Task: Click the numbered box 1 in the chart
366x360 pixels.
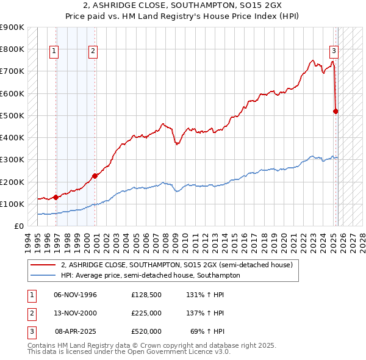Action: (x=55, y=51)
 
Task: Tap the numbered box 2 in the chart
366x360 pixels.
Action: (x=93, y=51)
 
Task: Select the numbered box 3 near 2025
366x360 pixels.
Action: (x=334, y=51)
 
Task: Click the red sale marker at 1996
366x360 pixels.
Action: (x=56, y=197)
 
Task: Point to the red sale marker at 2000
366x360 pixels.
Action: (x=95, y=176)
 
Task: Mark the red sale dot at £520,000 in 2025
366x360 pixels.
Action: (x=335, y=111)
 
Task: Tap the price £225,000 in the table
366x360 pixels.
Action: (x=146, y=313)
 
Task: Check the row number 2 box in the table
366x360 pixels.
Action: (x=30, y=313)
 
